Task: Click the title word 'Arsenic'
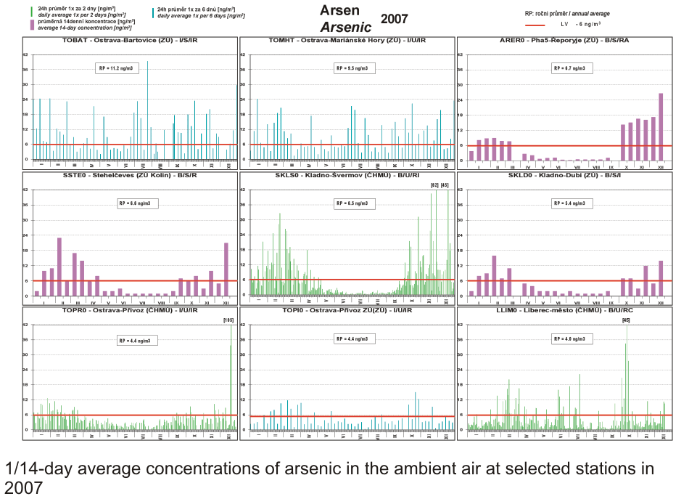346,26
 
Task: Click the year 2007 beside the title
394,19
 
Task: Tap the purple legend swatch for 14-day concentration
32,24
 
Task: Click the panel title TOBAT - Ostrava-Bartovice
130,41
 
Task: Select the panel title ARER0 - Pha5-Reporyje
564,41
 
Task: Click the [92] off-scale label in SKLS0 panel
434,185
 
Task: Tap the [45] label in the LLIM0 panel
626,320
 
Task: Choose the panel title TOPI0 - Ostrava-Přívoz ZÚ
347,310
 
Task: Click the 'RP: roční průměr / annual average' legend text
567,13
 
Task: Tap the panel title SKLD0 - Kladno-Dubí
564,175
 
